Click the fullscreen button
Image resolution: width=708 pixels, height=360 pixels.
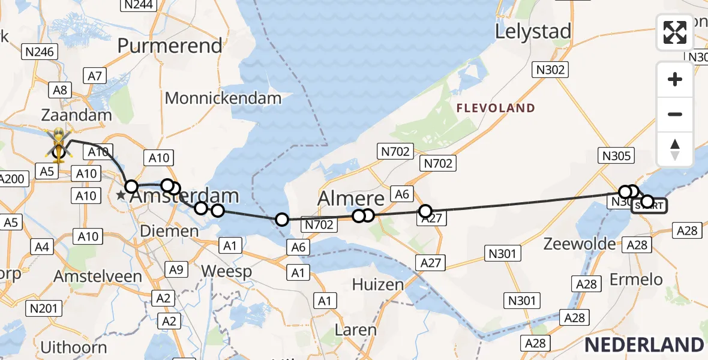675,32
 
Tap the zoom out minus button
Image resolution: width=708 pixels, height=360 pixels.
675,115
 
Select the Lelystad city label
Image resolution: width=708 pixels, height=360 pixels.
532,32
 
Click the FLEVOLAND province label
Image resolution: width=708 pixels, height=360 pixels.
496,109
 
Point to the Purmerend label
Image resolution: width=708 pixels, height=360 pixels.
170,46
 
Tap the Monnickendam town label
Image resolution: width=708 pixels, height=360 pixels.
223,98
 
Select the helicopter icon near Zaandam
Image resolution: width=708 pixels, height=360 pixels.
59,142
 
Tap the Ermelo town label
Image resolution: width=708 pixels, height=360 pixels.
636,280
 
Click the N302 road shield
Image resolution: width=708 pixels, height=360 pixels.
550,70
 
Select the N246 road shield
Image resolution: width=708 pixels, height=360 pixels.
41,52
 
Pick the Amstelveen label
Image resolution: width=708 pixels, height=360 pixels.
98,277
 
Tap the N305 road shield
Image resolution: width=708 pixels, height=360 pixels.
616,157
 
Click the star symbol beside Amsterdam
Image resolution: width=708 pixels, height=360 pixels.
121,196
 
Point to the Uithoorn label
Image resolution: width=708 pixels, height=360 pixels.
74,347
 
